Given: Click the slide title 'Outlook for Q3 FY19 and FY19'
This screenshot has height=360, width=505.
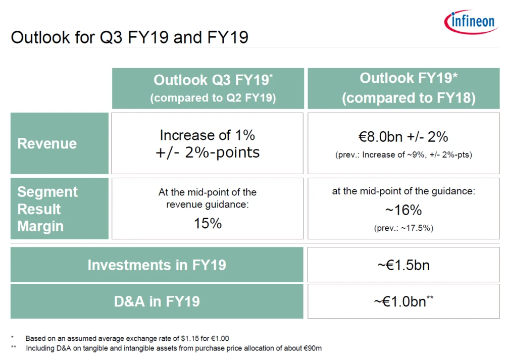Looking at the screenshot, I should pyautogui.click(x=129, y=38).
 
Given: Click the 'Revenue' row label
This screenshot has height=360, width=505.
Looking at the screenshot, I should pyautogui.click(x=47, y=143).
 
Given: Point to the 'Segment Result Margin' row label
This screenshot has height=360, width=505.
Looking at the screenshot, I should pyautogui.click(x=47, y=209).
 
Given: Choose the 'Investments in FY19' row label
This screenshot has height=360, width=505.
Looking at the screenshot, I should pyautogui.click(x=157, y=265).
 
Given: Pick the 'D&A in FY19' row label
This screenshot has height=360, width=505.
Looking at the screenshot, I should pyautogui.click(x=157, y=301).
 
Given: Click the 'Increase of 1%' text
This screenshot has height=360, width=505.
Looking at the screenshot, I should pyautogui.click(x=208, y=135).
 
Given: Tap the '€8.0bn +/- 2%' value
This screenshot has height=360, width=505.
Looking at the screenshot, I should pyautogui.click(x=403, y=137).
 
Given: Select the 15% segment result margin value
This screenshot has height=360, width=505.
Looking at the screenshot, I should pyautogui.click(x=208, y=224).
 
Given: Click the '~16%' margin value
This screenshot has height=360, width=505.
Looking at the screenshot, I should pyautogui.click(x=403, y=210).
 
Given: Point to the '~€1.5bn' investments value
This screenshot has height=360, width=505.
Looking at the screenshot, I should pyautogui.click(x=403, y=265).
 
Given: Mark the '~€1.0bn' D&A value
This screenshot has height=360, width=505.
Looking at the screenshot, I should pyautogui.click(x=403, y=301).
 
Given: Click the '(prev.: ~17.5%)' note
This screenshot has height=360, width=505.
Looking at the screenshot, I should pyautogui.click(x=403, y=228).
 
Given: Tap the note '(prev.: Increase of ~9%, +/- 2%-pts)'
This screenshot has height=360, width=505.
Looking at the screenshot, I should pyautogui.click(x=403, y=155).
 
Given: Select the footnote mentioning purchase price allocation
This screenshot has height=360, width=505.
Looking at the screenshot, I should pyautogui.click(x=174, y=348).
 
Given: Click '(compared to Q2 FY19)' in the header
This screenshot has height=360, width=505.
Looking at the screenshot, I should pyautogui.click(x=213, y=98).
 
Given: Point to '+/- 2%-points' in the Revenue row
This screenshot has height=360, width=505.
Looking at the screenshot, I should pyautogui.click(x=208, y=152).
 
